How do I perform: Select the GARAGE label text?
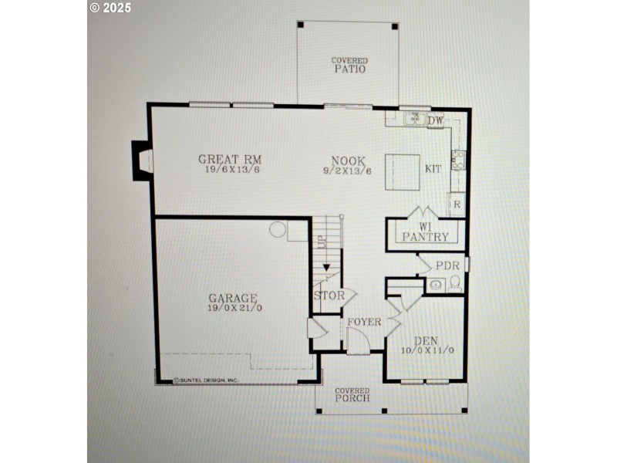(x=232, y=298)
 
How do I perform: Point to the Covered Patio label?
(x=349, y=65)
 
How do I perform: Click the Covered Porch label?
(x=352, y=395)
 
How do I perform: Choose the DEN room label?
(x=426, y=340)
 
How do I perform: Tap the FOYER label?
(x=363, y=322)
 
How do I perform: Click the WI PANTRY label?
(x=425, y=232)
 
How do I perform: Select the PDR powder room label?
(x=447, y=265)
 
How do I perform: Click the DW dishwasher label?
(x=436, y=120)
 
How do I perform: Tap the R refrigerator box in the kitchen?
(x=457, y=205)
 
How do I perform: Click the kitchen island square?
(x=403, y=171)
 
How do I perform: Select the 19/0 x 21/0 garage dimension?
(x=232, y=309)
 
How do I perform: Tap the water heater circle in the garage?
(x=278, y=230)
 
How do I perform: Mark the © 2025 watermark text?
(x=110, y=8)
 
